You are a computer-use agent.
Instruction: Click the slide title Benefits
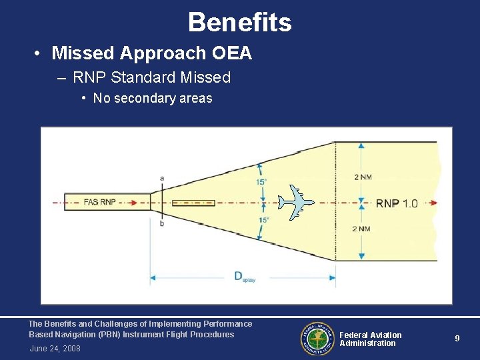240,23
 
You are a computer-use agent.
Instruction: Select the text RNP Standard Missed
151,77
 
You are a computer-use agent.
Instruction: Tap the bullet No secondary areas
153,98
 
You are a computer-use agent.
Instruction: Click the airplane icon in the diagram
295,201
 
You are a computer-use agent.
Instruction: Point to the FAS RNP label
100,202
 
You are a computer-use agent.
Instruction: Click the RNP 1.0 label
397,203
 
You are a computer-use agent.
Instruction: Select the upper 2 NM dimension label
363,177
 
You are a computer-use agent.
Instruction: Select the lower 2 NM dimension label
363,229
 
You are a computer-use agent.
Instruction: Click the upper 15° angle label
262,182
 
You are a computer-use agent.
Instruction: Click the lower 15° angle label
264,220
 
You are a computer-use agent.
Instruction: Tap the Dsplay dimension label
244,277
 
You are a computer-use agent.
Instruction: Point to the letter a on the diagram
162,178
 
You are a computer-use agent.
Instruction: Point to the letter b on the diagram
162,223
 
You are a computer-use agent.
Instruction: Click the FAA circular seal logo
318,339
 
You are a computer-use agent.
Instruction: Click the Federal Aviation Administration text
370,339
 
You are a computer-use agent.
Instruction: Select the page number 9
457,339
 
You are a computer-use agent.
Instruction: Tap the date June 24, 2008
55,349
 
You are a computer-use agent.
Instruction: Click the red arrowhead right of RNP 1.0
433,203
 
